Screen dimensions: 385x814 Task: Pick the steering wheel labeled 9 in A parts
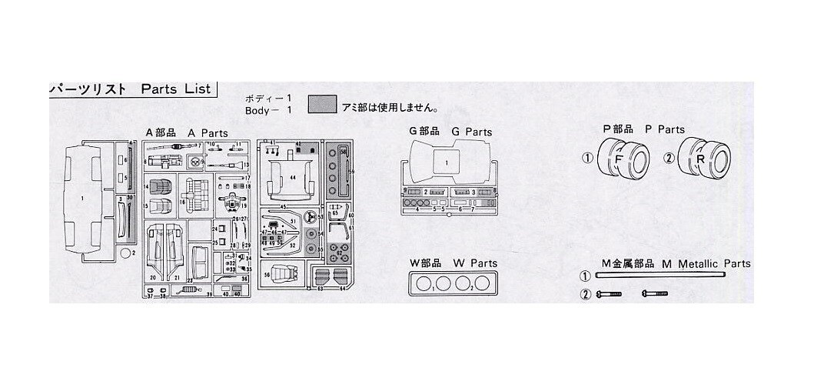(x=196, y=162)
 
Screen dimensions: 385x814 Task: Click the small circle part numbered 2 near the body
(x=125, y=252)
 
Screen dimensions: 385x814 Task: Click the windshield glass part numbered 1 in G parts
(x=446, y=163)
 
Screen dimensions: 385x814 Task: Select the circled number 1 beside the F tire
(x=586, y=159)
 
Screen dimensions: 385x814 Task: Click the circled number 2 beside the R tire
(x=669, y=159)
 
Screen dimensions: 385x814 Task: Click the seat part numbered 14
(x=161, y=187)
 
